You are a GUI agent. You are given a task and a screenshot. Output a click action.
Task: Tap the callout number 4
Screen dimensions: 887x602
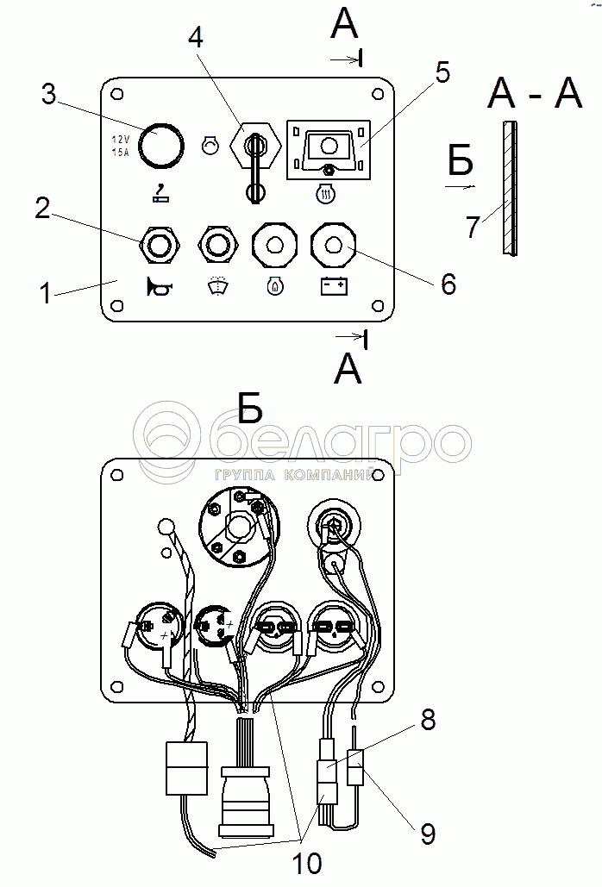197,39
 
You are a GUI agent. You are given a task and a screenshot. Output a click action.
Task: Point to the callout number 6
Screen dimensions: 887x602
448,284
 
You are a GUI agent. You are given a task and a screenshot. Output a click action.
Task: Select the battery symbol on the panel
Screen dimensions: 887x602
333,286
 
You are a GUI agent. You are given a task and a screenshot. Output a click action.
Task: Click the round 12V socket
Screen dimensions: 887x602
161,144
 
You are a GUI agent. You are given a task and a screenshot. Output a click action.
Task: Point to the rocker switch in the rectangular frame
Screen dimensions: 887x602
329,148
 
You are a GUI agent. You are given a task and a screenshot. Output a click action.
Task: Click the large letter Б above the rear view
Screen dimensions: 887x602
249,408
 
